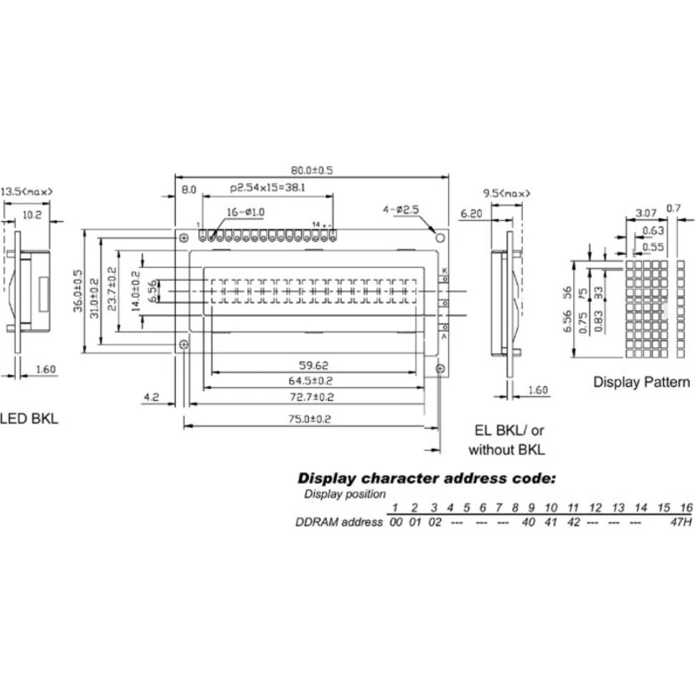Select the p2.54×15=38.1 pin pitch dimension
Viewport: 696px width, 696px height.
coord(269,187)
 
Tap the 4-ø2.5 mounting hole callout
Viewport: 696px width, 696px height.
coord(402,210)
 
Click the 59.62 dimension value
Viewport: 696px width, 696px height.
coord(314,365)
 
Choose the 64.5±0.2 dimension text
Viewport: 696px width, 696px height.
coord(314,381)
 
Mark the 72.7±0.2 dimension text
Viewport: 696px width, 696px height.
coord(314,398)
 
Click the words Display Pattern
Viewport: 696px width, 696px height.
coord(641,381)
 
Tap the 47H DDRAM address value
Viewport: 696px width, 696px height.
coord(681,522)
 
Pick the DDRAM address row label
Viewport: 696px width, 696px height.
coord(338,522)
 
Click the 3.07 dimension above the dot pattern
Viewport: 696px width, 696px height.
coord(646,213)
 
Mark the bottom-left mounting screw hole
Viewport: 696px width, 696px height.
coord(184,345)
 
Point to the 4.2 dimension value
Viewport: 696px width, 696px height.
coord(151,398)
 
